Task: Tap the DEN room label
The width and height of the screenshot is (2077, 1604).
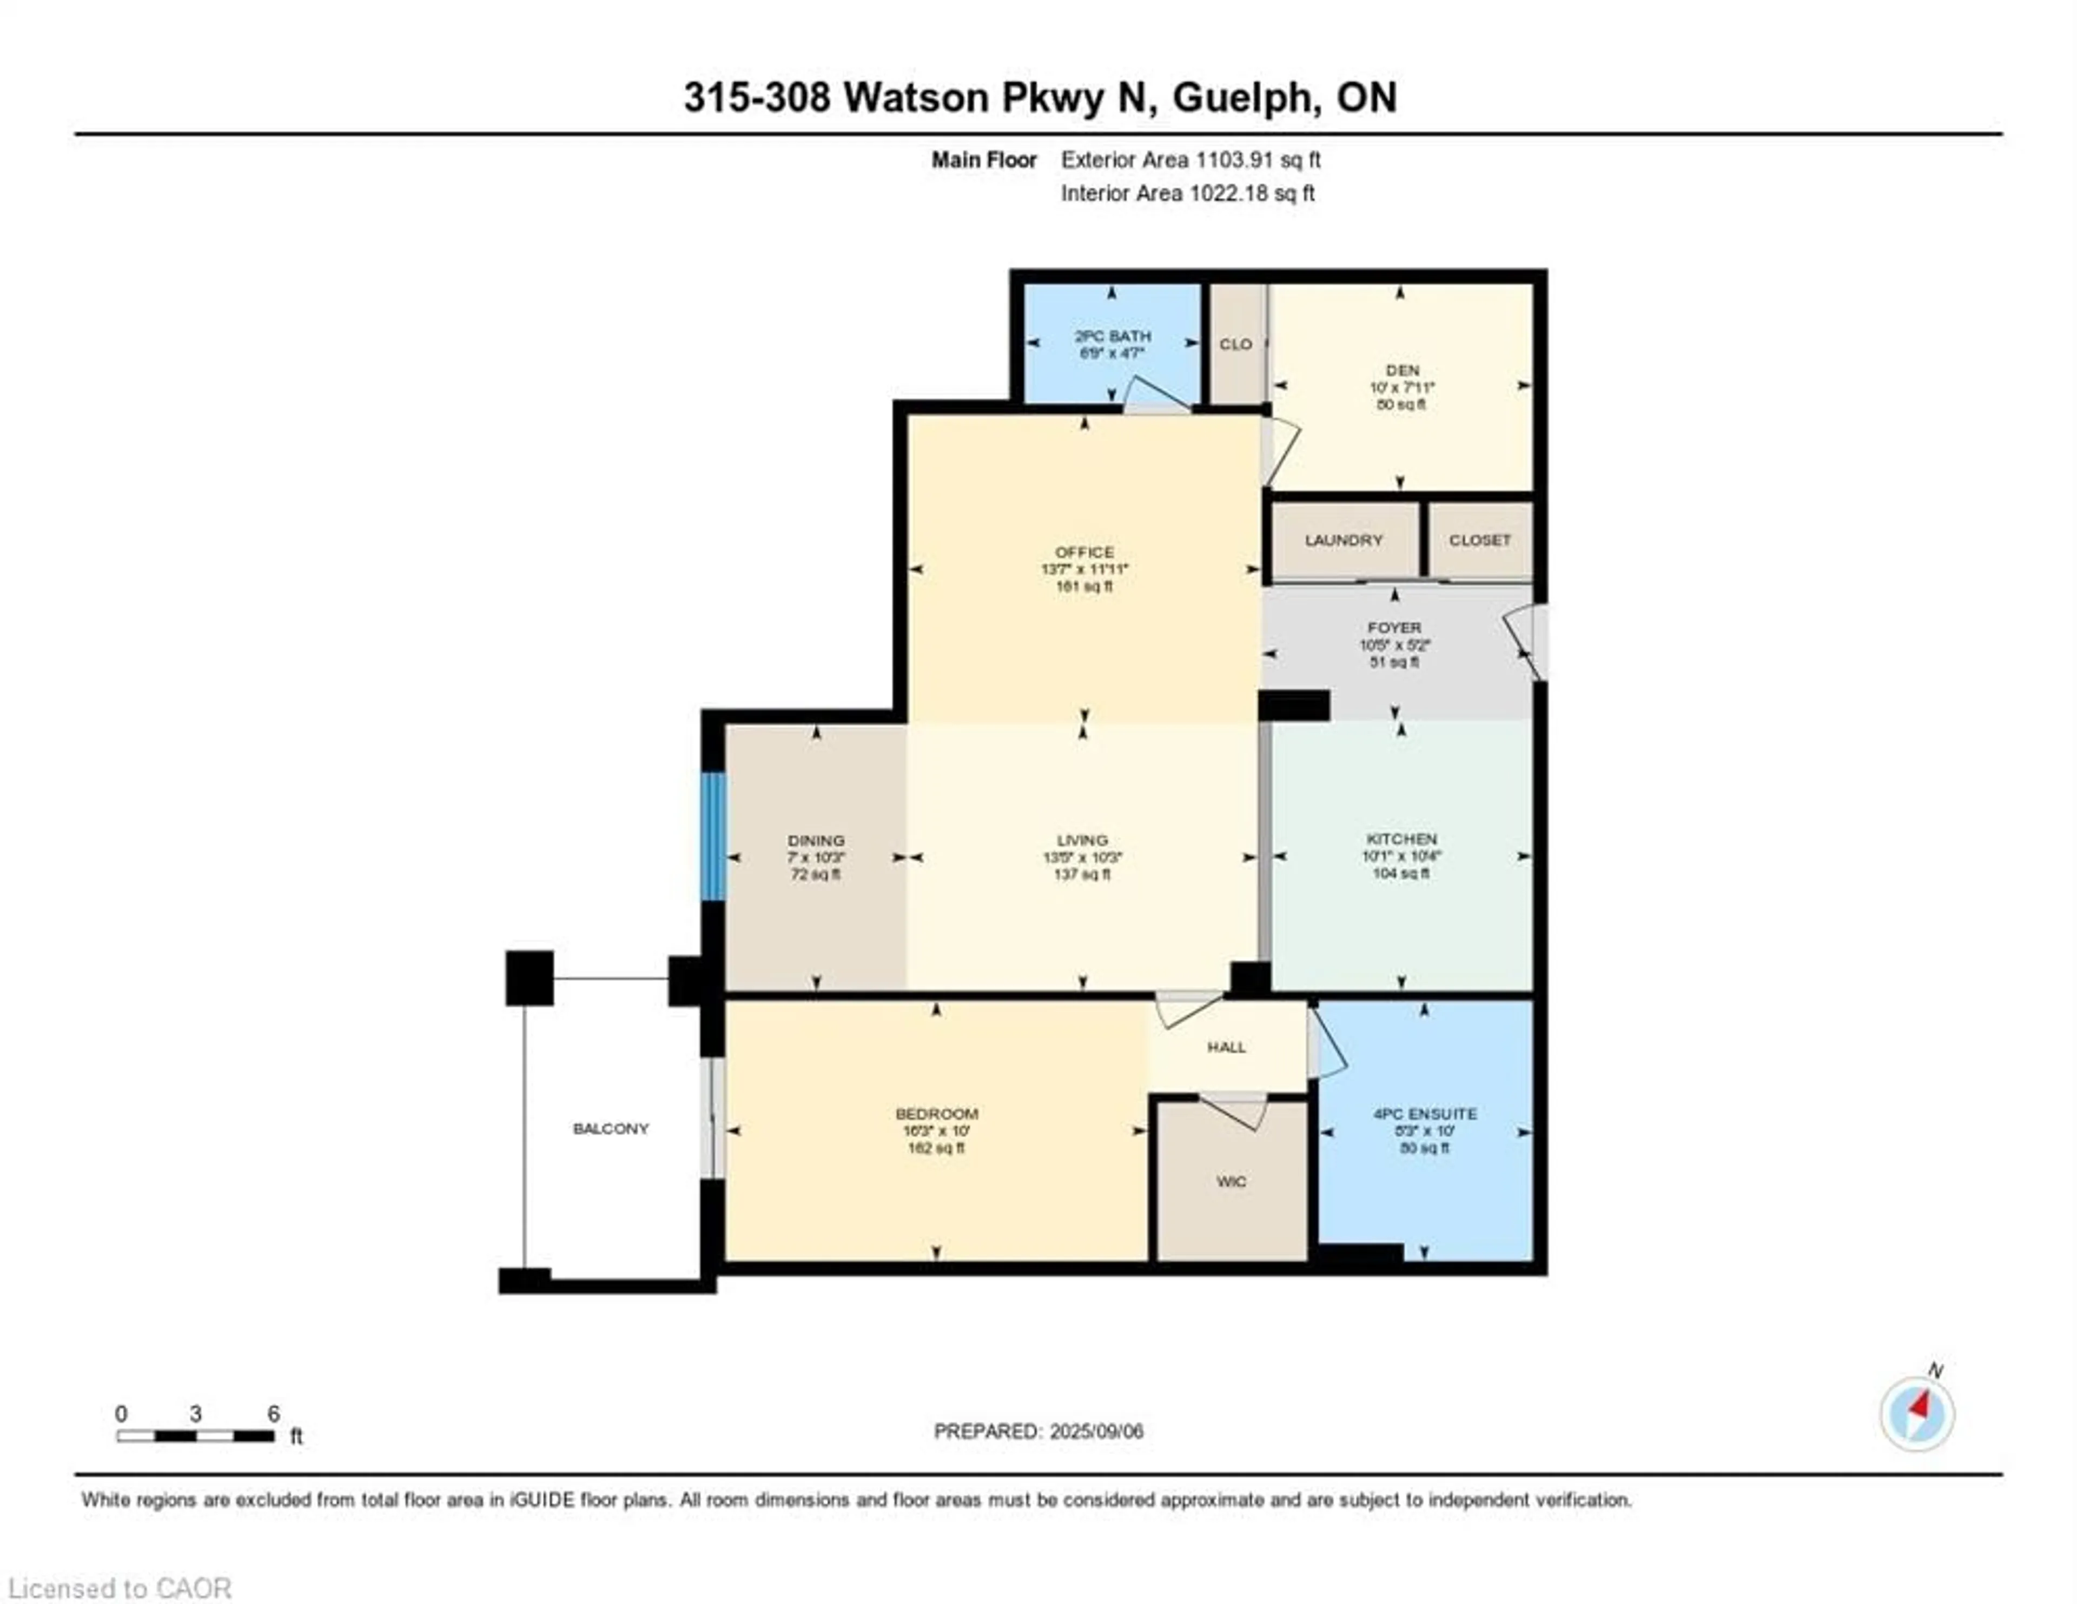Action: pyautogui.click(x=1402, y=370)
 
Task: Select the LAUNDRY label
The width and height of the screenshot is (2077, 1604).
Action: pyautogui.click(x=1343, y=540)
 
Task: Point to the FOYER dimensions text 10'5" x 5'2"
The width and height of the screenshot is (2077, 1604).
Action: pyautogui.click(x=1394, y=644)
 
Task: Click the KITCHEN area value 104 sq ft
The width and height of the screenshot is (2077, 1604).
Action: pyautogui.click(x=1401, y=873)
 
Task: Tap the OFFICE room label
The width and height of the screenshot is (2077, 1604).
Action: pyautogui.click(x=1084, y=551)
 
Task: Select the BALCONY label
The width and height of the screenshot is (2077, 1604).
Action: pyautogui.click(x=611, y=1129)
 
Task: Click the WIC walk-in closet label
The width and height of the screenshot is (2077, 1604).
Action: pyautogui.click(x=1231, y=1182)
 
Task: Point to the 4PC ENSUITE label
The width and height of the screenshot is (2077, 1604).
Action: pyautogui.click(x=1425, y=1113)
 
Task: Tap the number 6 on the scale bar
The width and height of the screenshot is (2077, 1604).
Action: pyautogui.click(x=273, y=1414)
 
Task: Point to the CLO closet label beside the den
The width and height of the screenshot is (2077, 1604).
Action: pyautogui.click(x=1235, y=344)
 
